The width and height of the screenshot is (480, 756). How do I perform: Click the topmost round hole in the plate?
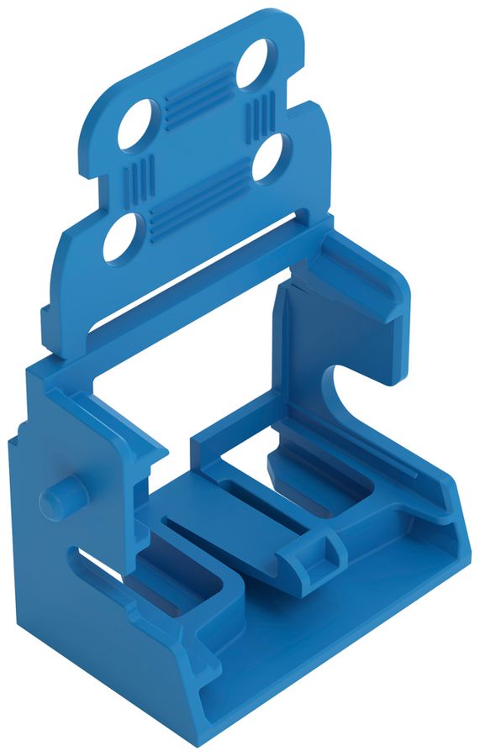252,62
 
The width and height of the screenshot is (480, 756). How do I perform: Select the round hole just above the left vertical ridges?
139,123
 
